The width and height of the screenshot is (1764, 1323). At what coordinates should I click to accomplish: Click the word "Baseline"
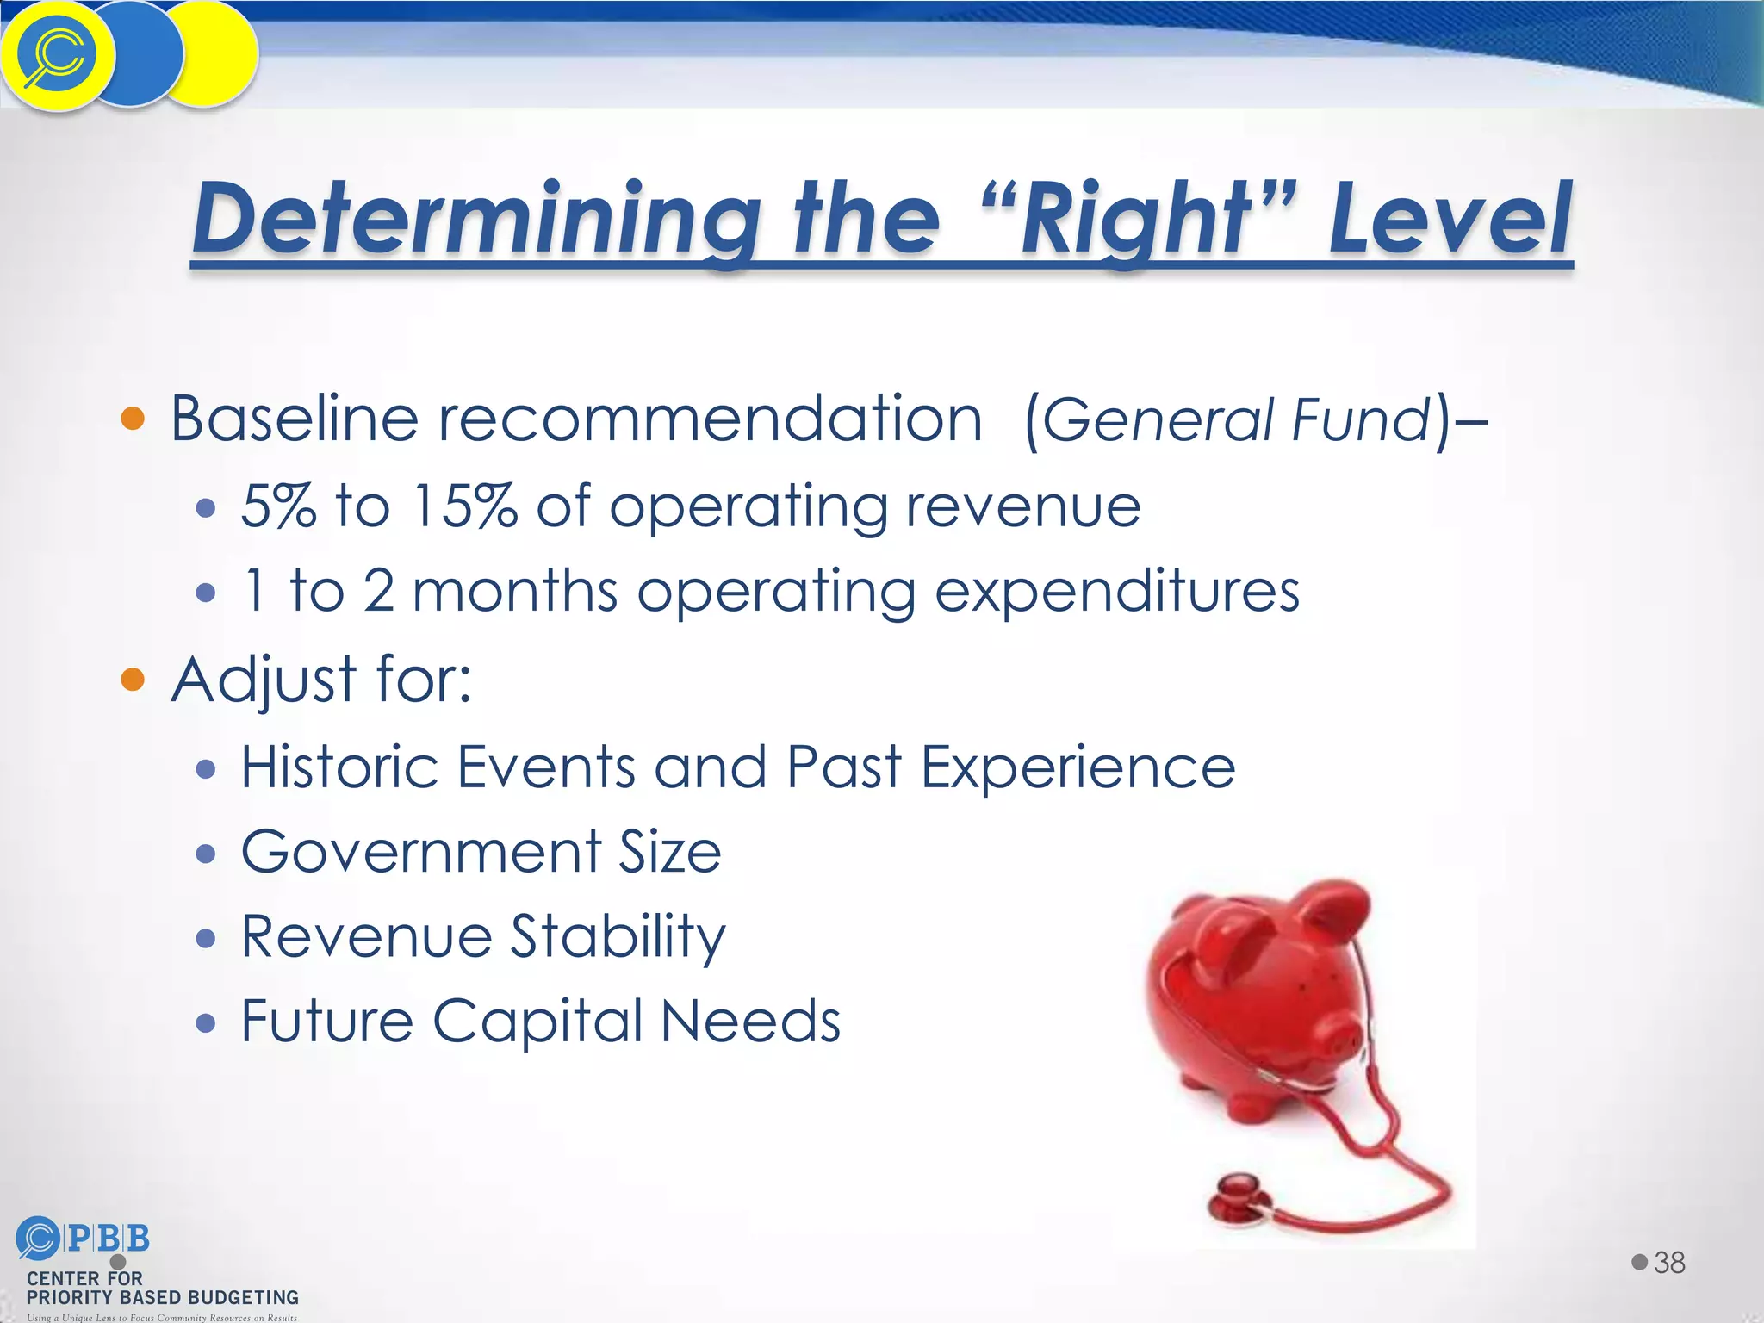pyautogui.click(x=294, y=419)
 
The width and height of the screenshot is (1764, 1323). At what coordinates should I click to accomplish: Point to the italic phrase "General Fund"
pyautogui.click(x=1237, y=420)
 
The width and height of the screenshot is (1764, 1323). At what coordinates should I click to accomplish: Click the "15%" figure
pyautogui.click(x=464, y=506)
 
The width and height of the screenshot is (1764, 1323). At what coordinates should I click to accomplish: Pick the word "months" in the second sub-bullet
pyautogui.click(x=515, y=592)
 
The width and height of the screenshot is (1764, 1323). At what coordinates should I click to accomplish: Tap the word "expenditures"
pyautogui.click(x=1116, y=593)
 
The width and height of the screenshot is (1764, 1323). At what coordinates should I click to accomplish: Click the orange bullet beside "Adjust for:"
pyautogui.click(x=133, y=679)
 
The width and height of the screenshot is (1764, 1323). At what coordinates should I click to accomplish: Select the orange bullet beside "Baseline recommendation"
pyautogui.click(x=133, y=419)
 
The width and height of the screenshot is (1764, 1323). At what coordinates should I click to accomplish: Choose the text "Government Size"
pyautogui.click(x=481, y=852)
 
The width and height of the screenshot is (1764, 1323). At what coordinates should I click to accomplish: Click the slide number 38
pyautogui.click(x=1669, y=1263)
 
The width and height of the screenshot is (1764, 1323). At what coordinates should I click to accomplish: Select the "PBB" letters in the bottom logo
pyautogui.click(x=108, y=1239)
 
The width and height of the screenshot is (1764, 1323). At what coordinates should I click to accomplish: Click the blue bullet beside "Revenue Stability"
pyautogui.click(x=205, y=938)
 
